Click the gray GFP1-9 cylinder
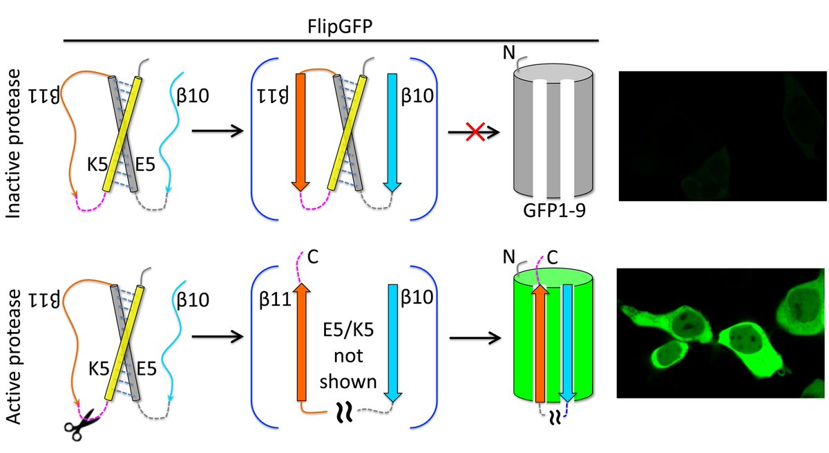[x=553, y=138]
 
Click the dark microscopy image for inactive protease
[x=722, y=136]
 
